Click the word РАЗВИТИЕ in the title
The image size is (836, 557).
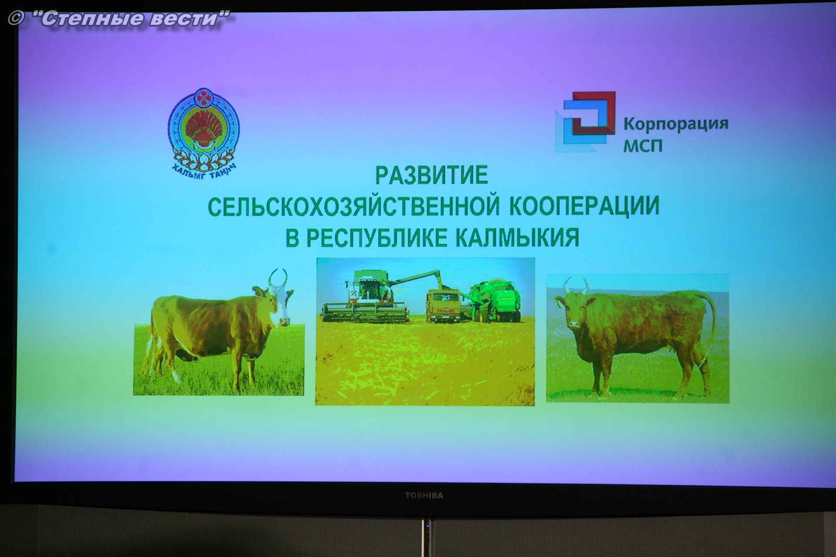coord(431,175)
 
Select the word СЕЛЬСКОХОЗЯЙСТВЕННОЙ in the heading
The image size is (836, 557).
coord(354,206)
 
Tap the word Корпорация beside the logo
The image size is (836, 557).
coord(676,124)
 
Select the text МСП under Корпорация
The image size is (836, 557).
coord(643,145)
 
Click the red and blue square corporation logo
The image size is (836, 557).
coord(586,121)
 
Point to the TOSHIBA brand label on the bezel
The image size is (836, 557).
coord(424,495)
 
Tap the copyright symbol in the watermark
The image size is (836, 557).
coord(16,18)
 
